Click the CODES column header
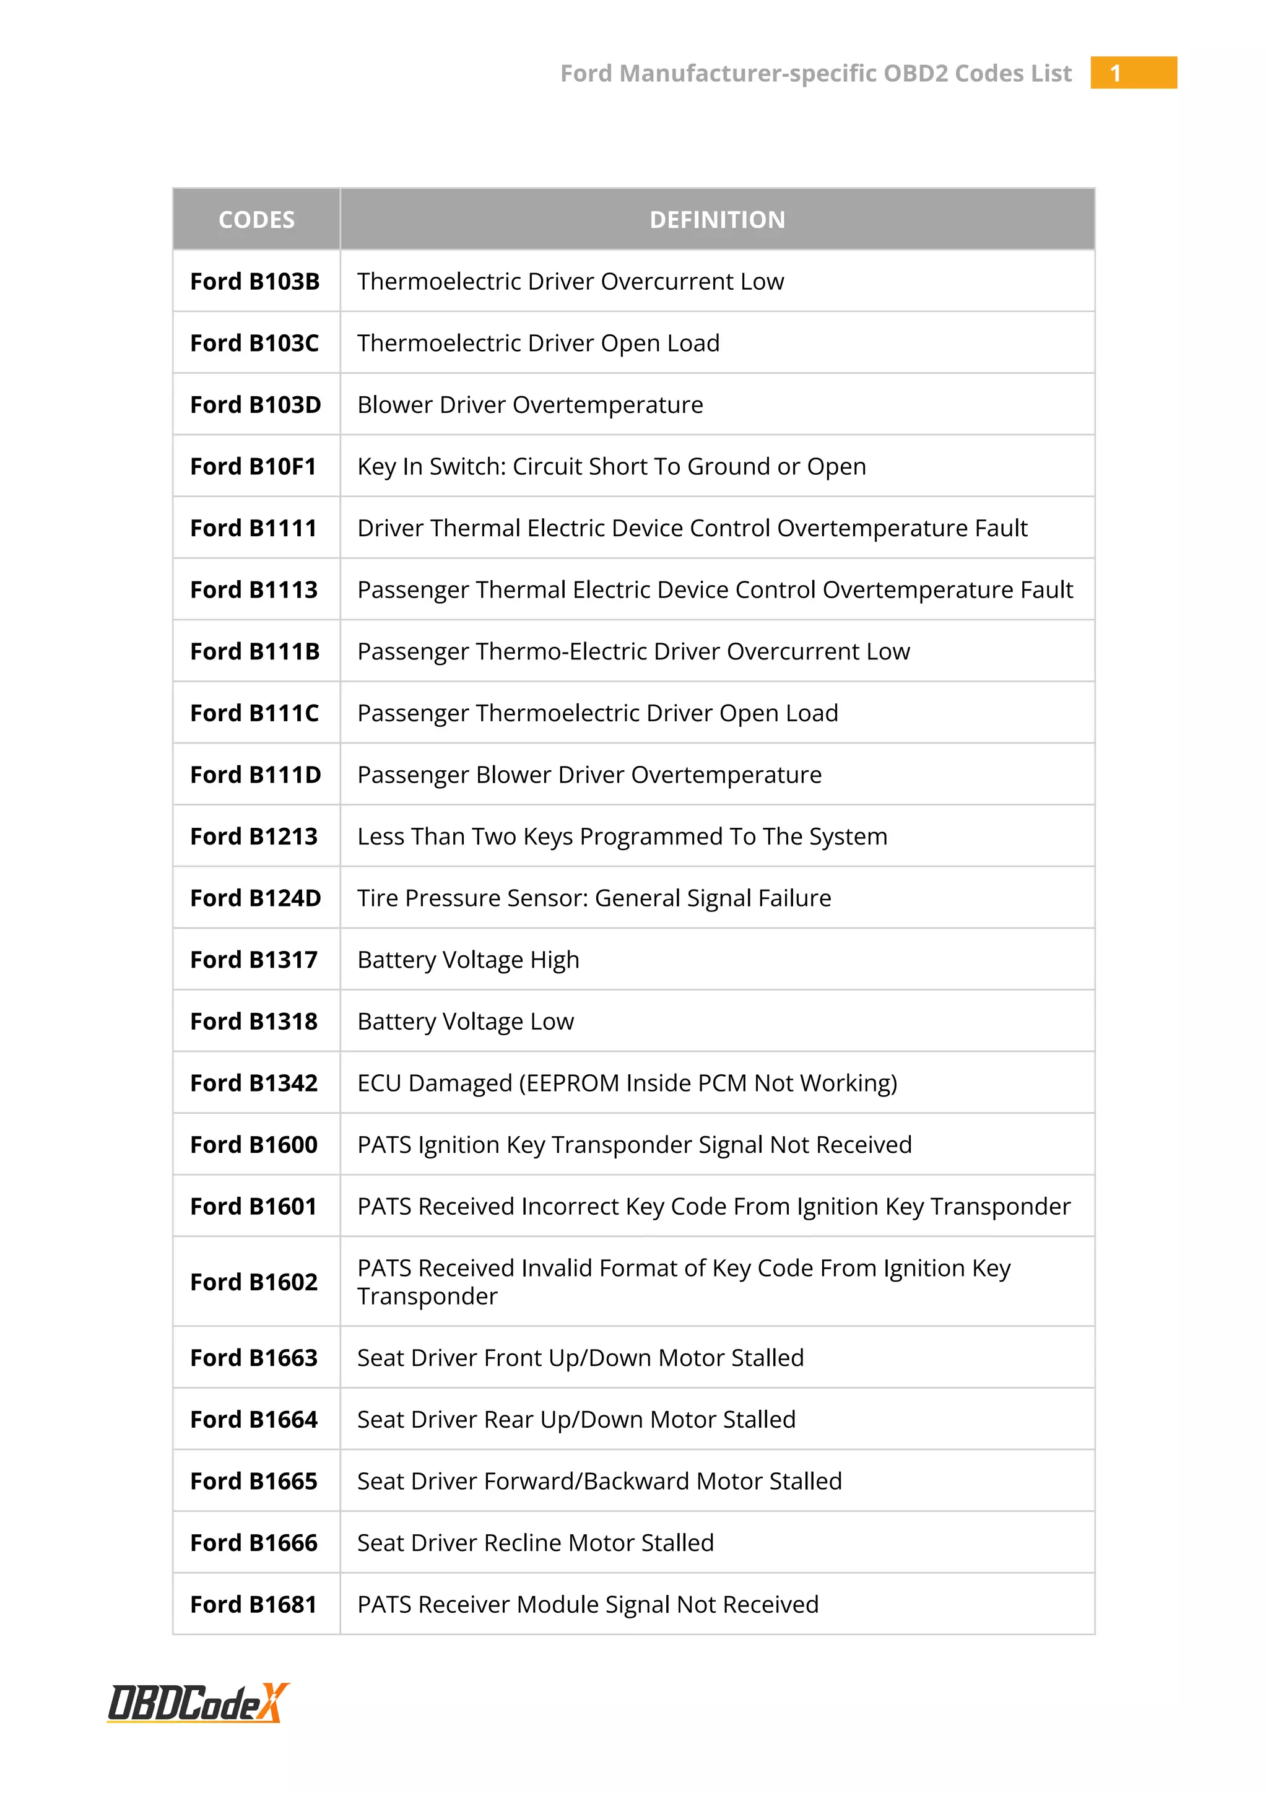tap(256, 219)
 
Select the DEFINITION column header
tap(717, 219)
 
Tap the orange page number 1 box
tap(1133, 72)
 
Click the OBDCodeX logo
tap(198, 1703)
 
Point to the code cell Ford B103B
tap(255, 281)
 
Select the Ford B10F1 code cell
tap(254, 466)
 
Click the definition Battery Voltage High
tap(469, 960)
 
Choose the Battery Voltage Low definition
tap(466, 1022)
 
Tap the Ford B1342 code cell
tap(254, 1083)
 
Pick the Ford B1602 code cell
tap(254, 1282)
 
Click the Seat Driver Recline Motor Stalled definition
tap(536, 1542)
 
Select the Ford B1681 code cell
tap(254, 1604)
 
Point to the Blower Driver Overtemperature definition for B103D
tap(530, 404)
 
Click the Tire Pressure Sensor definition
tap(594, 898)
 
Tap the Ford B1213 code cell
tap(254, 836)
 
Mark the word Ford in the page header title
tap(586, 74)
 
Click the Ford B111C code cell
tap(254, 713)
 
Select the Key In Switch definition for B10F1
tap(611, 466)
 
